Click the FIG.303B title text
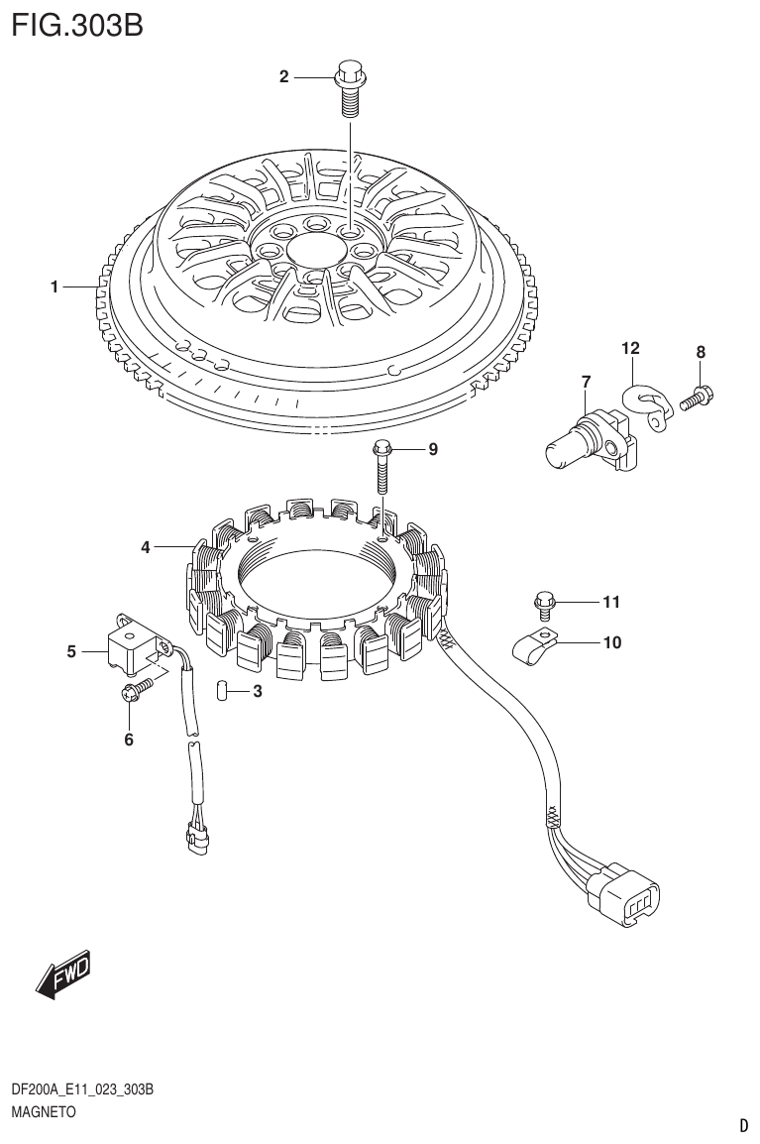coord(77,24)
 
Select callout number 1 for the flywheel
coord(55,287)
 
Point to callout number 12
coord(630,348)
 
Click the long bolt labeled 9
coord(382,469)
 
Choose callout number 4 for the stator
coord(146,546)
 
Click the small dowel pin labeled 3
coord(224,690)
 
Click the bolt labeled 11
coord(544,603)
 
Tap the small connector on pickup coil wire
coord(196,838)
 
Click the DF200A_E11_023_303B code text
coord(82,1090)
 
